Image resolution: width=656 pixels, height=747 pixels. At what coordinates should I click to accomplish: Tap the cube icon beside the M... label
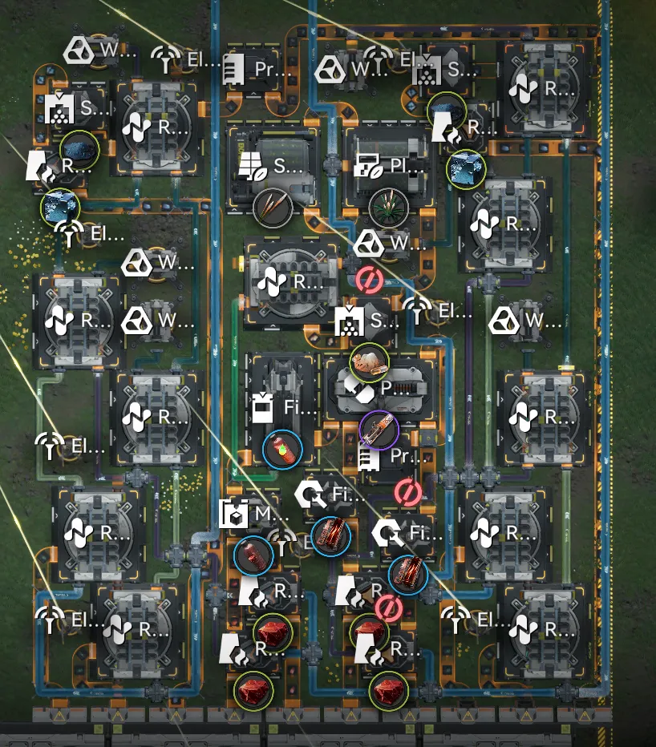tap(233, 514)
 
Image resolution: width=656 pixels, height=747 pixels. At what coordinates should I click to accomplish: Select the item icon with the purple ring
tap(379, 431)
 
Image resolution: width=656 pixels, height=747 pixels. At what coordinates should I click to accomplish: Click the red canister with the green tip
tap(283, 449)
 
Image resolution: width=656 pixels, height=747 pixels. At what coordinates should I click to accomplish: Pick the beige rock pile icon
tap(370, 362)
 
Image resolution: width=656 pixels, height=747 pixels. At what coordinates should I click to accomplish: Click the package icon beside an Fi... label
tap(261, 409)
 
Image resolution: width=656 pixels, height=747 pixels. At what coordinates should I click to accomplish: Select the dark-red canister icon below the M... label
tap(253, 556)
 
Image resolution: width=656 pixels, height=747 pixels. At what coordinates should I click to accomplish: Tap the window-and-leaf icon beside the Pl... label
tap(366, 168)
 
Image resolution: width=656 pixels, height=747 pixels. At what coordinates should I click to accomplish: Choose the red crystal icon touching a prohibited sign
tap(370, 632)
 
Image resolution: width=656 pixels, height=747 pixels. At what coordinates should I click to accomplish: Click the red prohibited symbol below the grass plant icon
tap(369, 280)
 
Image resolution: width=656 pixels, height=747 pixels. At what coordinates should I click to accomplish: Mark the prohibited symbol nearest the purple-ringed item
tap(408, 491)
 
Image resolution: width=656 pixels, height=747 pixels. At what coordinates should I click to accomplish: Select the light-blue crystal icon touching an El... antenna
tap(61, 208)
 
